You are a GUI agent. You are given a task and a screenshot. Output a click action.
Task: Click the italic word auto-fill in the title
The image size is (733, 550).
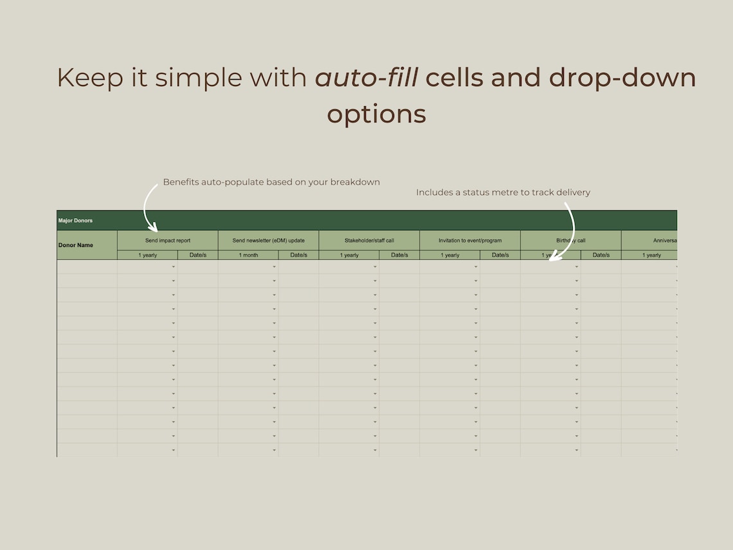[366, 78]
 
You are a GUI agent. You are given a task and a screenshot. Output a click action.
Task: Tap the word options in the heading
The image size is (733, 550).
[376, 115]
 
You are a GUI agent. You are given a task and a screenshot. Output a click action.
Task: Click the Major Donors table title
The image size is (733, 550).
[75, 221]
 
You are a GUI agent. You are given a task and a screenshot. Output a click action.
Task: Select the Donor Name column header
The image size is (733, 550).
[76, 245]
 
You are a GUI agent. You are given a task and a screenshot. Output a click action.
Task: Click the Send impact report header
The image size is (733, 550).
[168, 241]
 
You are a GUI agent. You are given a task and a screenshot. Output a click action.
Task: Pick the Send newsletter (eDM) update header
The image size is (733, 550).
[268, 241]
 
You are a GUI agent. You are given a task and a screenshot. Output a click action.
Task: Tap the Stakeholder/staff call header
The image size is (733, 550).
[369, 241]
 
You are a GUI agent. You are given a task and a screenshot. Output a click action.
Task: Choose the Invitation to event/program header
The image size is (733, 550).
[470, 241]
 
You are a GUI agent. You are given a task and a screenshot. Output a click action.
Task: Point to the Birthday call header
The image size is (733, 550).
[571, 241]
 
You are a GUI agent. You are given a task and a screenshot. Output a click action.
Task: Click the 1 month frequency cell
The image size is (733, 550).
[248, 255]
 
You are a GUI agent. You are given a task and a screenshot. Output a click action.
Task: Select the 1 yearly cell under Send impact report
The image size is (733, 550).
[147, 255]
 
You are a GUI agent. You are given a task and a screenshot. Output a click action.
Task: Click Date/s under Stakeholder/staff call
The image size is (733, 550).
[399, 255]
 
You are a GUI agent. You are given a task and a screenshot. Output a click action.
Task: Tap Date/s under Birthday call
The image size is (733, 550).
[601, 255]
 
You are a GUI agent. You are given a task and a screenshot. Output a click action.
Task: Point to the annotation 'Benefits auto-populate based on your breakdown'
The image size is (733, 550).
[271, 182]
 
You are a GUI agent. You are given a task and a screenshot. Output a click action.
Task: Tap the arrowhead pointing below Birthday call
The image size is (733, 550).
[554, 257]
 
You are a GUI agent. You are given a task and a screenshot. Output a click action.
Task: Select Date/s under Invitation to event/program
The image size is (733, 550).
[500, 255]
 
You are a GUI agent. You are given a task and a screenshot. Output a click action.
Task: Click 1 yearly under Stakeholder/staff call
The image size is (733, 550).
[349, 255]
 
